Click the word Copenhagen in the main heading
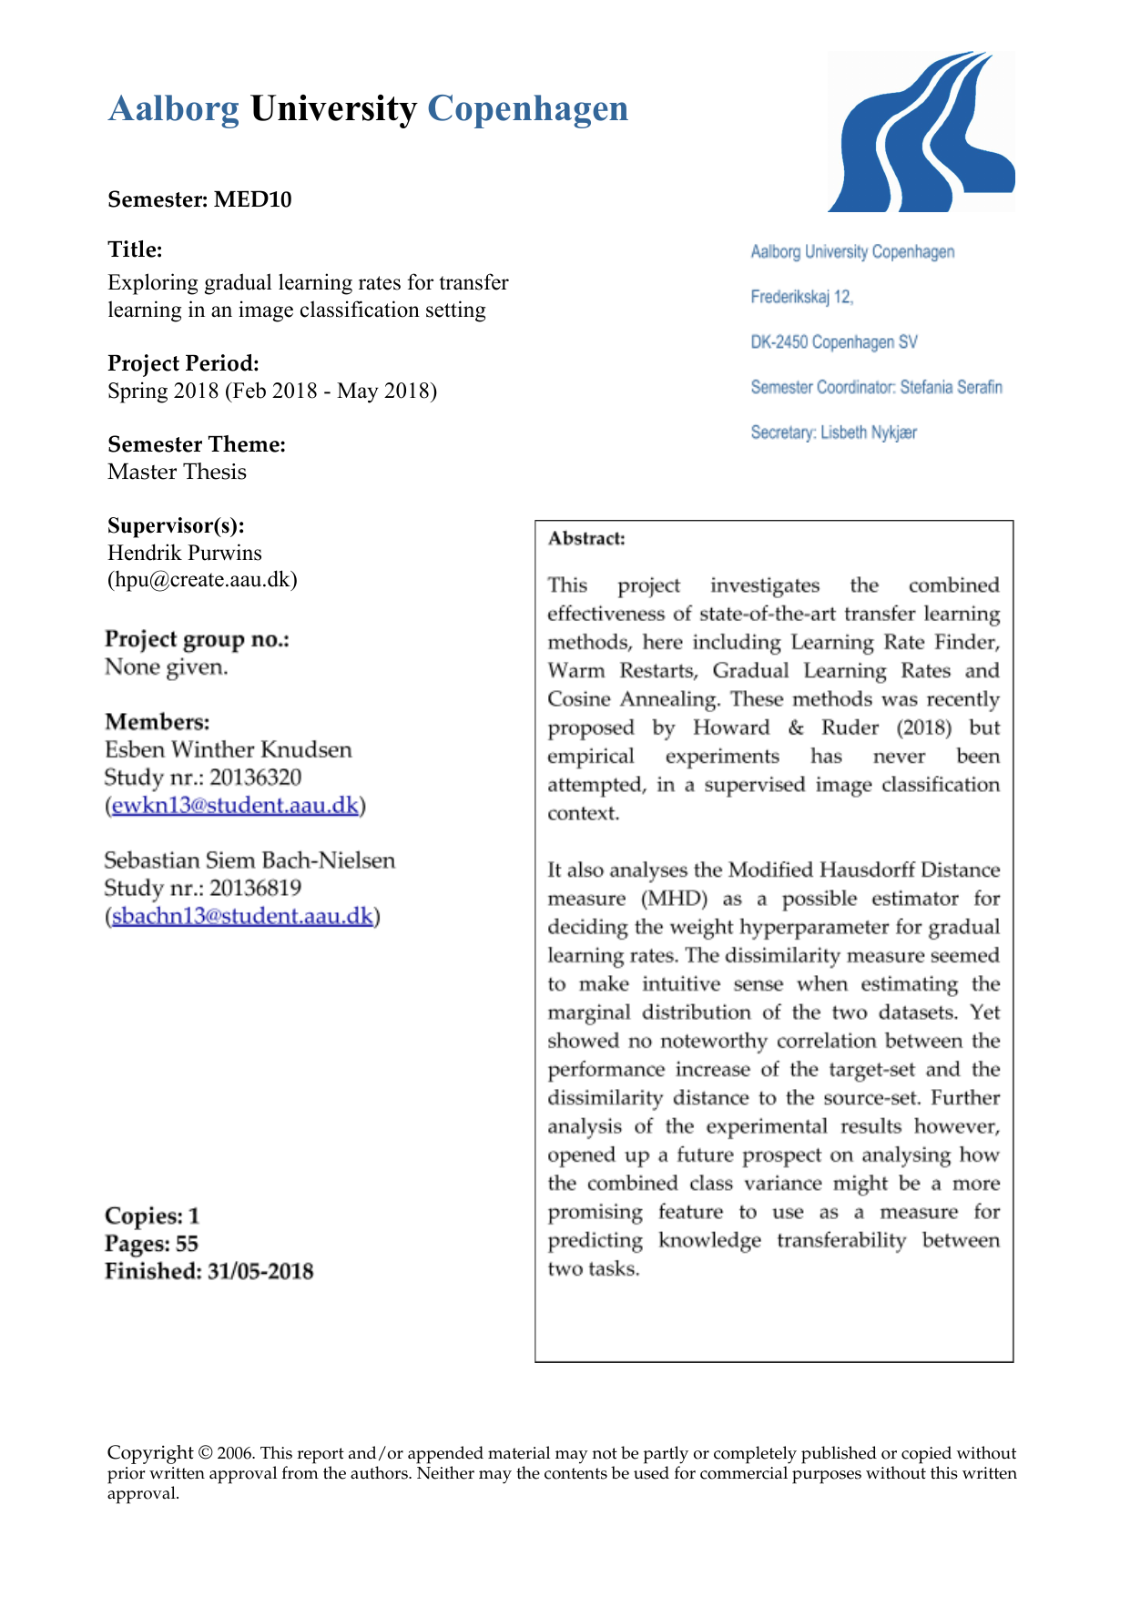[527, 108]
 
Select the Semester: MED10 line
[199, 199]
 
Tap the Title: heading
[135, 249]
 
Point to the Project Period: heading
[183, 363]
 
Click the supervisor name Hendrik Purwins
[184, 553]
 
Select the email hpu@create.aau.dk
[202, 579]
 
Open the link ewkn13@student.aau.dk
[235, 806]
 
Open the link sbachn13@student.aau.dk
[242, 916]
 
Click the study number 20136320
[255, 778]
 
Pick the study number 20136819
[255, 888]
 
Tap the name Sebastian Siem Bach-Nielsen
[249, 860]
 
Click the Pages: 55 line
[151, 1244]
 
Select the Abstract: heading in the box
[586, 538]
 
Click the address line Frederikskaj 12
[801, 297]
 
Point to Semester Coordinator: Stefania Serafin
[876, 387]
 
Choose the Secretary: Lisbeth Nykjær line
[833, 432]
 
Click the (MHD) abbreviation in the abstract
[674, 899]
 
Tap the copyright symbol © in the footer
[206, 1453]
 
